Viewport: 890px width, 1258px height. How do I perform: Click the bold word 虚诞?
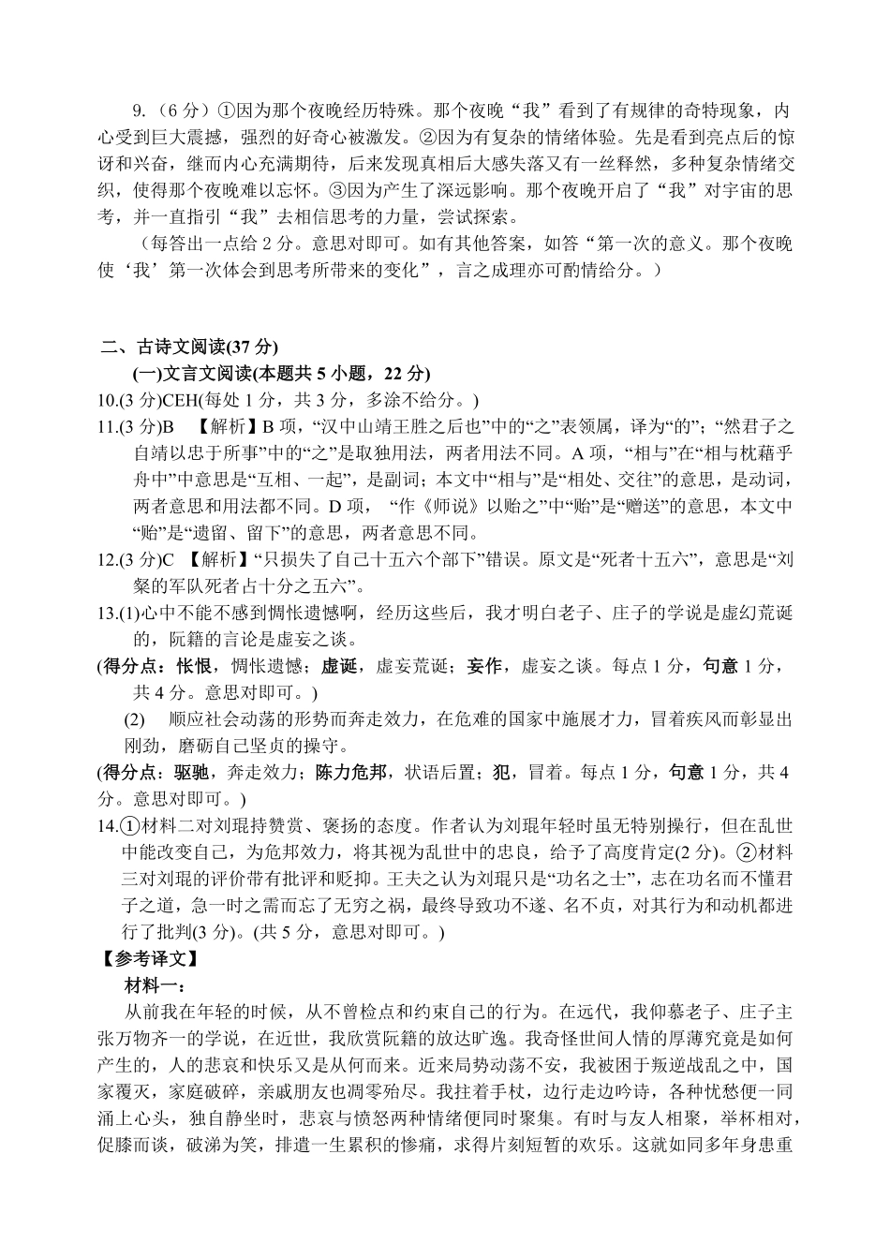340,667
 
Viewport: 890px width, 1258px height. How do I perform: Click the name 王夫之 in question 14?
361,880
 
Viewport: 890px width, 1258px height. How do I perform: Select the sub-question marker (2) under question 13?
135,720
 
